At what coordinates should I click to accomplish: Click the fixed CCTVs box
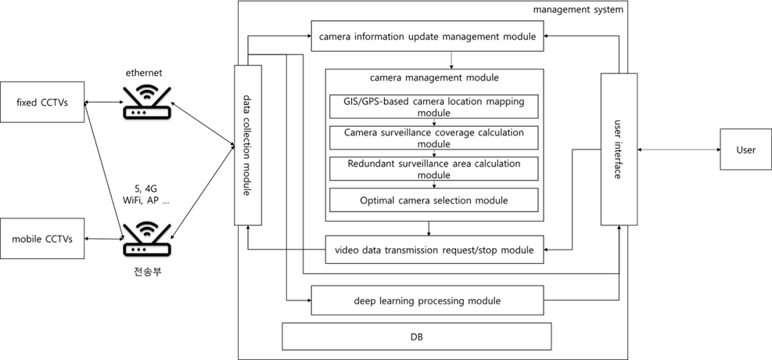point(42,102)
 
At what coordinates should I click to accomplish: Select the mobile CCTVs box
point(42,239)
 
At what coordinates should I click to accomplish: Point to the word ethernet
point(144,73)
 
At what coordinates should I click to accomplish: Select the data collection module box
point(247,146)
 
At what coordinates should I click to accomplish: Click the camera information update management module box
point(427,36)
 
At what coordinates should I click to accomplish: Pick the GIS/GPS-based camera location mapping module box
point(433,106)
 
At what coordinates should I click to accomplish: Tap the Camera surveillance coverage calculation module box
point(433,137)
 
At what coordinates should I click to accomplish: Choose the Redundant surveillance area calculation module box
point(433,168)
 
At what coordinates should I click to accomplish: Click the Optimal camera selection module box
point(433,200)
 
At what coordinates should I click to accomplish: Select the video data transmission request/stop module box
point(433,250)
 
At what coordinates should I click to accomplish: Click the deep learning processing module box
point(427,301)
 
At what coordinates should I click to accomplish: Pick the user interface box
point(616,149)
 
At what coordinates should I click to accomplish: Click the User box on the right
point(745,149)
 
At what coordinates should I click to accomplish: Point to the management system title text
point(578,9)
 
